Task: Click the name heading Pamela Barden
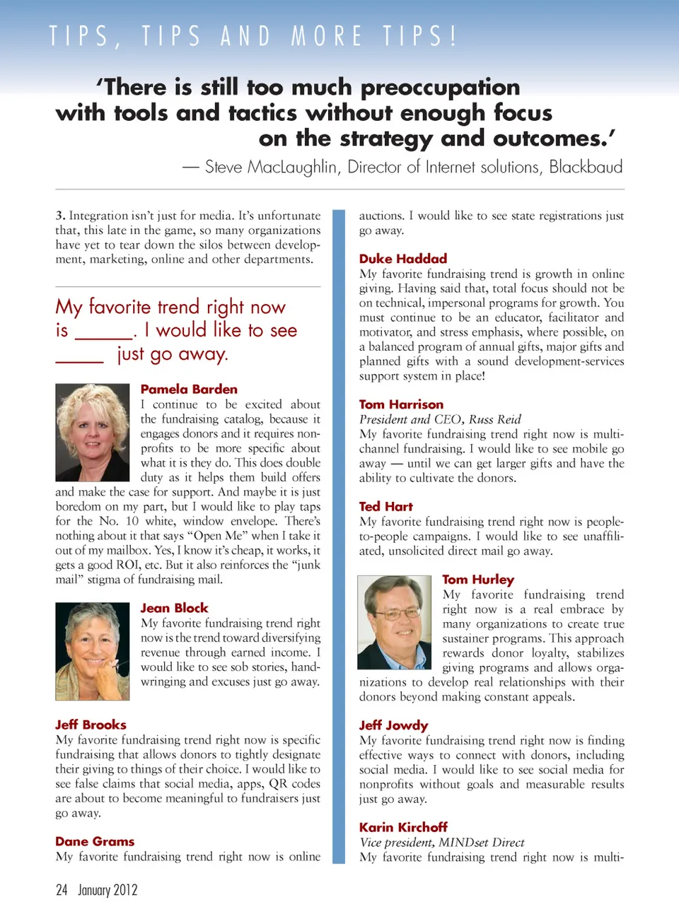(x=189, y=389)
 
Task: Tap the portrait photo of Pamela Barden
(x=92, y=433)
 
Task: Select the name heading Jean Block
(x=174, y=608)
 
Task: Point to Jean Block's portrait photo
(x=92, y=651)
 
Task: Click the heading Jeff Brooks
(x=91, y=725)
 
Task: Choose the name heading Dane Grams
(x=95, y=841)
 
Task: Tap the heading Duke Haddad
(x=403, y=259)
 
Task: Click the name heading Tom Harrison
(x=401, y=404)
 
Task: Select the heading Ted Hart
(x=385, y=506)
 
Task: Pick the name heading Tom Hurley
(x=478, y=580)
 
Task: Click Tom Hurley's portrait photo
(x=394, y=622)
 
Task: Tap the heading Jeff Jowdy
(x=393, y=725)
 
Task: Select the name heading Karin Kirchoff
(x=403, y=827)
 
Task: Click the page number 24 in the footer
(x=62, y=890)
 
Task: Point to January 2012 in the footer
(x=108, y=890)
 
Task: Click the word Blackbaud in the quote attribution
(x=586, y=167)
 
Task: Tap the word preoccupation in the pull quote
(x=440, y=87)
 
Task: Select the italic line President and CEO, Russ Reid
(x=440, y=419)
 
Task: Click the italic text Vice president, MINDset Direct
(x=442, y=842)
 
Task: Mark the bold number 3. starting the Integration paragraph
(x=60, y=216)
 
